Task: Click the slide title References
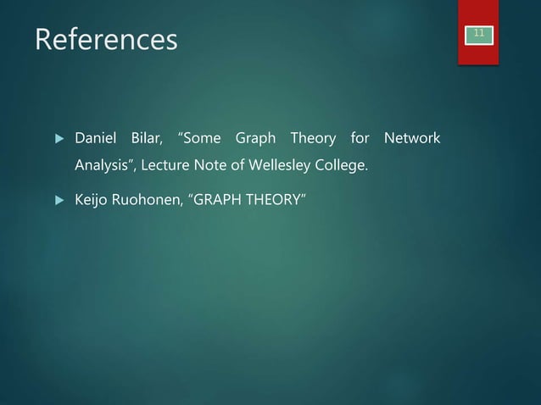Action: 106,40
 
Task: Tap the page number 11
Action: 479,33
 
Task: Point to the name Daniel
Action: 97,137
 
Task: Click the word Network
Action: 411,137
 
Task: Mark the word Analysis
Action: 105,165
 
